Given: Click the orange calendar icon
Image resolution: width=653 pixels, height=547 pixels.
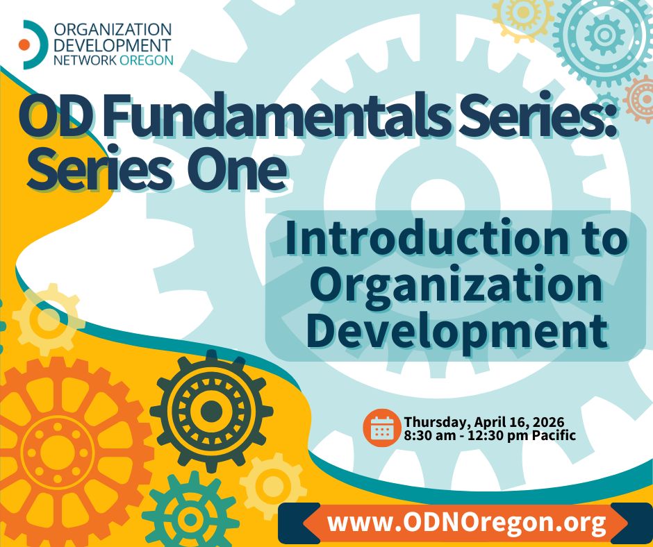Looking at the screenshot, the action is click(382, 428).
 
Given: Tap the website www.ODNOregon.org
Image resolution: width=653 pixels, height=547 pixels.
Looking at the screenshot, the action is click(466, 523).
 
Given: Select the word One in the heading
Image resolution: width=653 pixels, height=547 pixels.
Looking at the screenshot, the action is click(236, 168).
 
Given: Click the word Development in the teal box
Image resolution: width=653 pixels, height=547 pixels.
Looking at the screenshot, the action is click(456, 331).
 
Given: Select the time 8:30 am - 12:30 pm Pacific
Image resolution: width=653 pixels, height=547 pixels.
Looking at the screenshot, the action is click(490, 436).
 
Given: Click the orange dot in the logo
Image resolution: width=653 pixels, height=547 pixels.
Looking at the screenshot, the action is click(24, 44).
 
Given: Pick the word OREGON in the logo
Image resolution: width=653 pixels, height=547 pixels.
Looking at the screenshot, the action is click(146, 60).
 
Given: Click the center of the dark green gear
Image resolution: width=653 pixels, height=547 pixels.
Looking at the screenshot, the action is click(211, 411).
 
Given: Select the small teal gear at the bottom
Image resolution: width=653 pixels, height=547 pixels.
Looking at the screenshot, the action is click(191, 519).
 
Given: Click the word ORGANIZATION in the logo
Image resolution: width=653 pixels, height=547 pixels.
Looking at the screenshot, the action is click(113, 30).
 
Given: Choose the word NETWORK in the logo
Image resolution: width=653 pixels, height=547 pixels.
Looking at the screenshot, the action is click(85, 60).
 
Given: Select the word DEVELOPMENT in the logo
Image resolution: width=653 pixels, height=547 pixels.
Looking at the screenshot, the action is click(113, 45).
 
